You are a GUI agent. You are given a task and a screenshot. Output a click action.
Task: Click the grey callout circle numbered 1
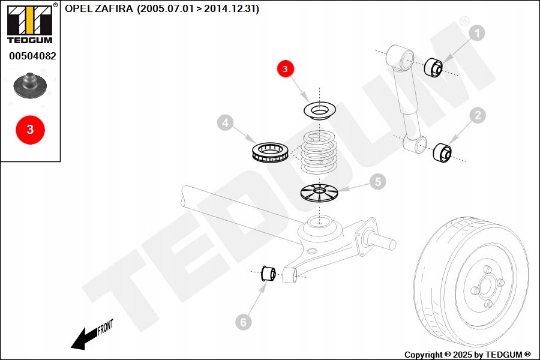(477, 34)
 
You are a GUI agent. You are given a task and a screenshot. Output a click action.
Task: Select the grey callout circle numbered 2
(477, 115)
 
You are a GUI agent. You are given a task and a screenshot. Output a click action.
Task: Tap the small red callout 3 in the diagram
(285, 69)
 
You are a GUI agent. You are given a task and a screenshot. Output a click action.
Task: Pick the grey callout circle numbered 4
(224, 124)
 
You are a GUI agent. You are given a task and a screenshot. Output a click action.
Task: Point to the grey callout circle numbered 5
(377, 181)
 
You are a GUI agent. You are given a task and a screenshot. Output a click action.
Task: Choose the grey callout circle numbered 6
(243, 323)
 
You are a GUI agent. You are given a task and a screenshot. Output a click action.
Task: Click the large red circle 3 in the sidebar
(30, 129)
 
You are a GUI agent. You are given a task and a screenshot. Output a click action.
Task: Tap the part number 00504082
(32, 56)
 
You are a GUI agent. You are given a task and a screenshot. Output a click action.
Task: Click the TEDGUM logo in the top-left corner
(29, 24)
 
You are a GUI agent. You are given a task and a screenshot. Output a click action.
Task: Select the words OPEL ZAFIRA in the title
(100, 10)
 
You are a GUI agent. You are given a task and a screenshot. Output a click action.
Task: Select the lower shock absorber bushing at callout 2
(442, 152)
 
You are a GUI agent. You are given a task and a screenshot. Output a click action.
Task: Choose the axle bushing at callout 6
(268, 274)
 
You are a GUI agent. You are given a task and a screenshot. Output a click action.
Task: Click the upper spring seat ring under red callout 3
(319, 110)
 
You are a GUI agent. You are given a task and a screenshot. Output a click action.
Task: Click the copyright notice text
(467, 355)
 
